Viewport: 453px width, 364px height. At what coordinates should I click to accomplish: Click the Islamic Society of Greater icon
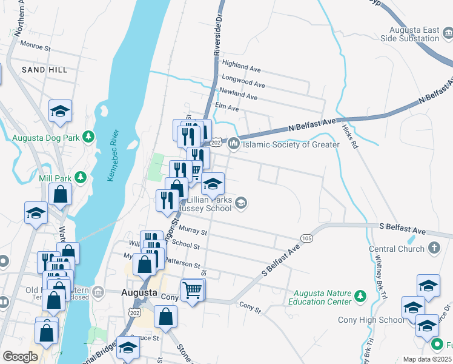(234, 145)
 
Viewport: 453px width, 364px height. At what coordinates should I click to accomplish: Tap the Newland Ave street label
(239, 95)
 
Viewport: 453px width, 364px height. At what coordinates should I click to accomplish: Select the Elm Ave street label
(228, 108)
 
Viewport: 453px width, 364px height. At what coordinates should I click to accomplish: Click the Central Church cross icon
(434, 248)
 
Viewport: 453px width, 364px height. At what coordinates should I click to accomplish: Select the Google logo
(20, 357)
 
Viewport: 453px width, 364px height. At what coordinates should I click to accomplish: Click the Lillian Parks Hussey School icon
(241, 203)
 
